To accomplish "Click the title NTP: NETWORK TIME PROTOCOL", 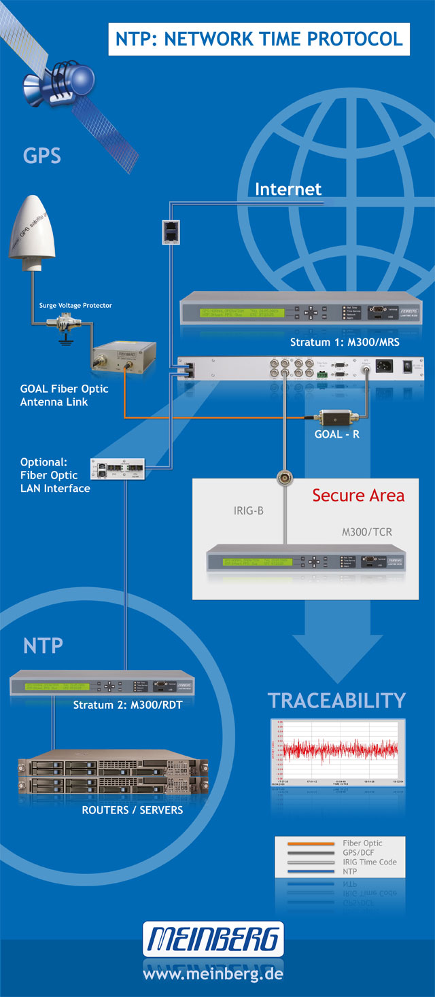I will point(259,39).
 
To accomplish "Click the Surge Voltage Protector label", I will point(75,305).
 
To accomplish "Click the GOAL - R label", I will point(337,434).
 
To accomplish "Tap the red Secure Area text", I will point(358,495).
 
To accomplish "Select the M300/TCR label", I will point(366,533).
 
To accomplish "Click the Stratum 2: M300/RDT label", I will point(127,705).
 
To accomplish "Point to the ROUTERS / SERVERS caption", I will point(132,810).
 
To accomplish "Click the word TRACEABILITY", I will point(336,700).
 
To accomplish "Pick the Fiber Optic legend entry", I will point(362,843).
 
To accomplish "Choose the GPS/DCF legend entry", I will point(358,852).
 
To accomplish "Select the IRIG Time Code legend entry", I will point(369,862).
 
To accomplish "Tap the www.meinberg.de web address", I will point(213,974).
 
